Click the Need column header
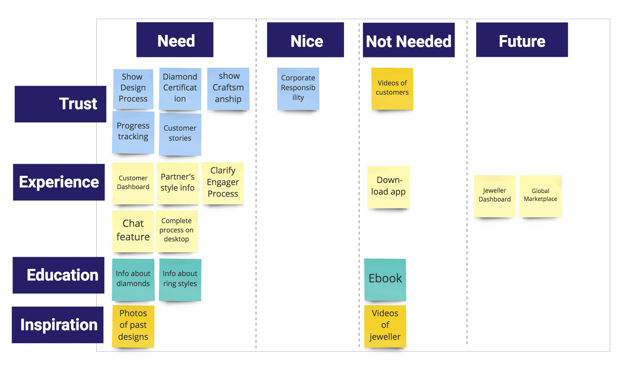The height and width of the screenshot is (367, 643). [175, 40]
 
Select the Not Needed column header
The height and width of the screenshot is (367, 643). [408, 40]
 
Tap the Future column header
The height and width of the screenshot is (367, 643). [521, 40]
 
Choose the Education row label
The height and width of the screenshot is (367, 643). [58, 275]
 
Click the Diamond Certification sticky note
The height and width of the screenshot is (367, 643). [180, 88]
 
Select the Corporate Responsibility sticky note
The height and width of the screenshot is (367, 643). [298, 88]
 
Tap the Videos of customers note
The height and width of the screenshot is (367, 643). [392, 88]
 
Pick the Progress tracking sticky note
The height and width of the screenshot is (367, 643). [133, 132]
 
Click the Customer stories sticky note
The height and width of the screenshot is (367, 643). [180, 134]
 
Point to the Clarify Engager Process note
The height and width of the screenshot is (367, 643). [223, 183]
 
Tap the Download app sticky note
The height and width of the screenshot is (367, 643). [388, 187]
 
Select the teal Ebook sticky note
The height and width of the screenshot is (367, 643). [385, 279]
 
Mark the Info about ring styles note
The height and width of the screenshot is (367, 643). [180, 279]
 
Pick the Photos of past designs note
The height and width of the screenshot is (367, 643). [133, 326]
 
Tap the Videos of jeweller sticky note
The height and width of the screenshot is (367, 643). [385, 326]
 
